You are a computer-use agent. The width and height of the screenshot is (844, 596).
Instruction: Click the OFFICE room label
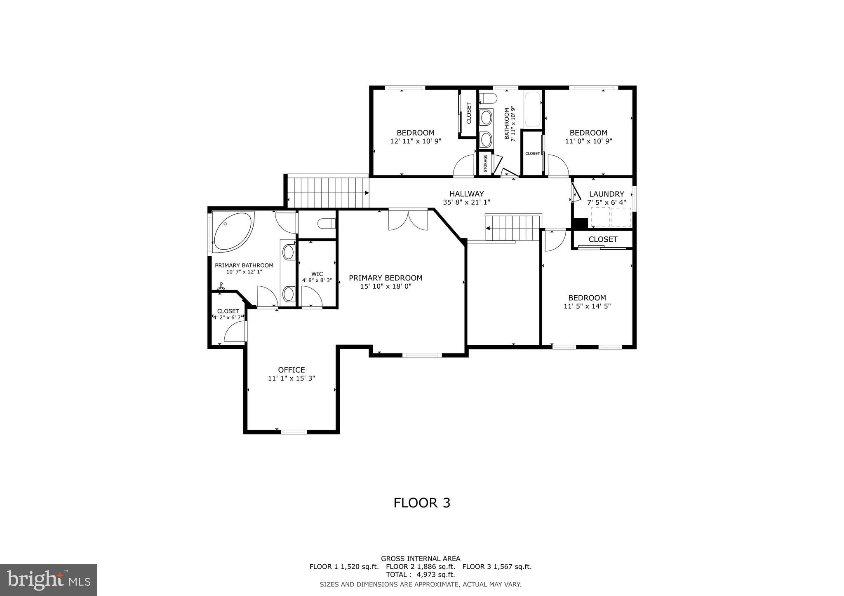pyautogui.click(x=291, y=370)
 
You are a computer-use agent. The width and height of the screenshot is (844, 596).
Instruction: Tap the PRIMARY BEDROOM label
pyautogui.click(x=386, y=278)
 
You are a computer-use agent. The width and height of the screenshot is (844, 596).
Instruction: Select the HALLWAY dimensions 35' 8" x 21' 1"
pyautogui.click(x=466, y=202)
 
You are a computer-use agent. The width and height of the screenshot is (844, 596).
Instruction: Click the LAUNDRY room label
pyautogui.click(x=606, y=194)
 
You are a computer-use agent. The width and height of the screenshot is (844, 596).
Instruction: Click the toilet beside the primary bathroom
pyautogui.click(x=327, y=224)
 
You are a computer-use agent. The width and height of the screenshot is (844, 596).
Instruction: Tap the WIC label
pyautogui.click(x=317, y=274)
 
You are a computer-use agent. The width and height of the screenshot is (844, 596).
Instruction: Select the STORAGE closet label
pyautogui.click(x=485, y=164)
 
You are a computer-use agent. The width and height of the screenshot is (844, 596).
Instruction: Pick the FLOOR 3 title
pyautogui.click(x=421, y=503)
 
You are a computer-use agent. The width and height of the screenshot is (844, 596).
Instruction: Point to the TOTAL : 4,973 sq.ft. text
pyautogui.click(x=420, y=575)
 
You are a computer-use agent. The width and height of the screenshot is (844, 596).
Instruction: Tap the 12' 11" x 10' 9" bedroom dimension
pyautogui.click(x=415, y=141)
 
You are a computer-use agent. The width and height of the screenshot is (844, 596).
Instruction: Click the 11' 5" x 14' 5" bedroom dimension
pyautogui.click(x=587, y=306)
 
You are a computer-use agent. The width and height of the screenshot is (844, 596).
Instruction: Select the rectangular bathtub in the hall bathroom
pyautogui.click(x=532, y=110)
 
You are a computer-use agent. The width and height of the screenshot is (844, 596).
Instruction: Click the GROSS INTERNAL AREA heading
pyautogui.click(x=420, y=559)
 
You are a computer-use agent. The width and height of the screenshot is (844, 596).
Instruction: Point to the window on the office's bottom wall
pyautogui.click(x=294, y=432)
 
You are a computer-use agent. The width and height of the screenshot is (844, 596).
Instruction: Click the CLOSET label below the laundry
pyautogui.click(x=602, y=239)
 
